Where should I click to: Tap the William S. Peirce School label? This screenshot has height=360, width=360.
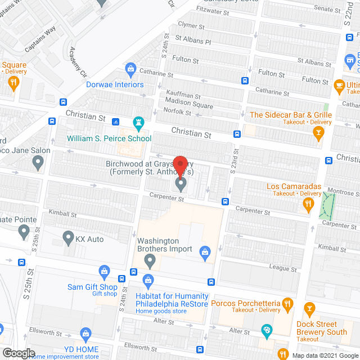[109, 138]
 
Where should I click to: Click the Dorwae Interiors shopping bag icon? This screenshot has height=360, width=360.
[130, 70]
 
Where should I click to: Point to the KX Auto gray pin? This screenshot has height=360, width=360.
[67, 238]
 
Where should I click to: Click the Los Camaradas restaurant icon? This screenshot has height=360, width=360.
[308, 205]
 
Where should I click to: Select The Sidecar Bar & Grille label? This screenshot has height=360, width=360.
[291, 115]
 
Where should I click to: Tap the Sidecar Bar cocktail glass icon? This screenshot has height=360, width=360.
[319, 133]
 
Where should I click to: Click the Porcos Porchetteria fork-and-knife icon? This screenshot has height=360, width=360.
[287, 305]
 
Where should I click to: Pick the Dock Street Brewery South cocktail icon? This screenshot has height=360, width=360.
[309, 309]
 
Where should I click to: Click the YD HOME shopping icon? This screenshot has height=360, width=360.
[85, 334]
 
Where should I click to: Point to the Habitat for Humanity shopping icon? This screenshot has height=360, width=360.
[148, 280]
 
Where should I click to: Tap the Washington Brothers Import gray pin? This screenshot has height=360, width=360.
[150, 261]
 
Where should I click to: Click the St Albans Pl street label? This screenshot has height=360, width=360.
[193, 41]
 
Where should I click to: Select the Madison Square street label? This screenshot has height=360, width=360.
[189, 106]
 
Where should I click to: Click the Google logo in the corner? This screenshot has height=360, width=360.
[18, 353]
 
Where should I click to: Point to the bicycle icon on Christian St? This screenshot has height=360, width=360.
[116, 121]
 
